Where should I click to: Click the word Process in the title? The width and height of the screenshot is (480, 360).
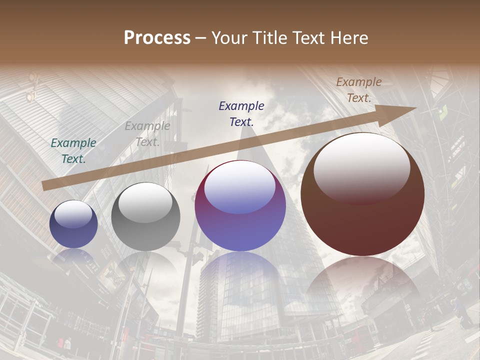(x=157, y=38)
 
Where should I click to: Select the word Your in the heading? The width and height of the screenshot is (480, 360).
(x=229, y=38)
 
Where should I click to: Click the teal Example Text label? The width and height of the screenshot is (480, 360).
(x=73, y=150)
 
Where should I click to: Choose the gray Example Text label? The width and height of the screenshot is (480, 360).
(x=147, y=133)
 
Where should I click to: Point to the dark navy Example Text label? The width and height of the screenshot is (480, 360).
(x=241, y=113)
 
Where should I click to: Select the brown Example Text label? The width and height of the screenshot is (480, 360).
(x=359, y=90)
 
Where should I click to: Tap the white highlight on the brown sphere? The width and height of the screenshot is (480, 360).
(x=361, y=167)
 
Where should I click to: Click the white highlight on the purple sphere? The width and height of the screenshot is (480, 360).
(x=240, y=187)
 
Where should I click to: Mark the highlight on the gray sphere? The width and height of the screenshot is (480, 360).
(x=145, y=202)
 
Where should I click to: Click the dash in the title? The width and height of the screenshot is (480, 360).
(x=201, y=38)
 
